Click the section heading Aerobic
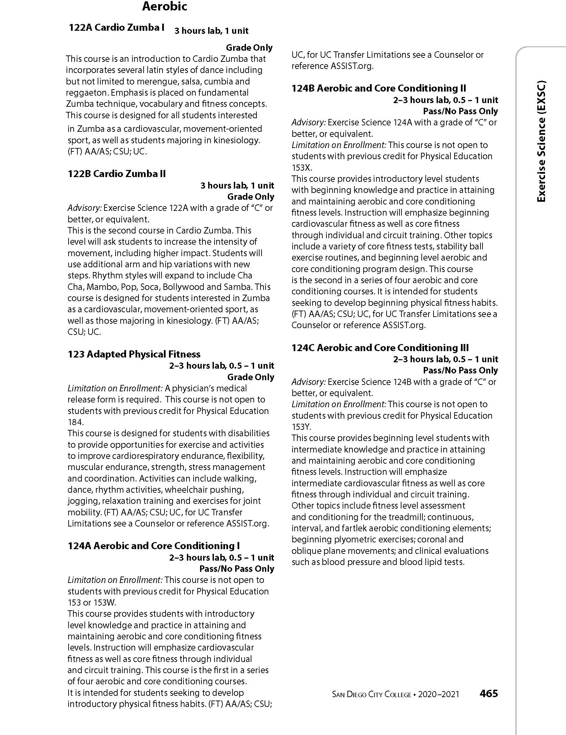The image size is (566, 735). point(165,7)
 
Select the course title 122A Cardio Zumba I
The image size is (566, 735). point(117,28)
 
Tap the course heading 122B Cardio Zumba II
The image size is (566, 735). point(117,174)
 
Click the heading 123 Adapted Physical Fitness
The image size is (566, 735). point(134,354)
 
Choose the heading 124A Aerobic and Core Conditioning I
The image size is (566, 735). point(154,546)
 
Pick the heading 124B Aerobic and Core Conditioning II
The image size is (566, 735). point(379,89)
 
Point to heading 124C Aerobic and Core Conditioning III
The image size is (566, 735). point(380,348)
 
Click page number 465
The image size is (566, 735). point(489,694)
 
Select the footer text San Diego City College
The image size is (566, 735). point(371,694)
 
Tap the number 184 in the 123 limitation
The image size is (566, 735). point(75,422)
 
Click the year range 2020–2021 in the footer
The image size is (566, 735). point(439,694)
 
